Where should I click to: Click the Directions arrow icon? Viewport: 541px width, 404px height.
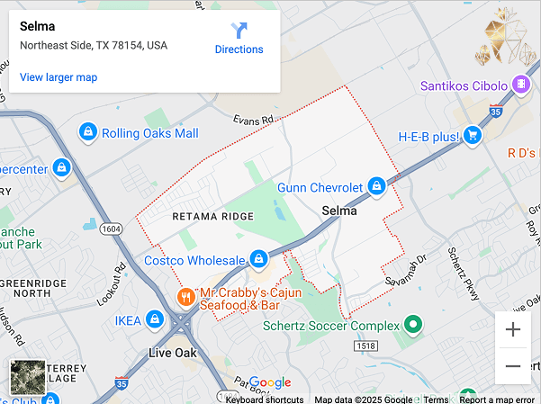tap(239, 30)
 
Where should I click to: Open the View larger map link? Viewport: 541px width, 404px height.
tap(59, 77)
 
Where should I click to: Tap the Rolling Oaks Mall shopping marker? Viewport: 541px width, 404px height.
tap(88, 132)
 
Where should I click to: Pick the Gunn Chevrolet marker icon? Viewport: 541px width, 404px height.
tap(377, 186)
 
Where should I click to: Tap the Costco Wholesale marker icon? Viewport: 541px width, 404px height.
tap(258, 259)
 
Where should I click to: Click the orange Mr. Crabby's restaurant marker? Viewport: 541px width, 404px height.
tap(185, 296)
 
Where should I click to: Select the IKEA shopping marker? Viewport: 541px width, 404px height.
tap(155, 319)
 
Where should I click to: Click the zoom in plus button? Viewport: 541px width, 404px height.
tap(513, 329)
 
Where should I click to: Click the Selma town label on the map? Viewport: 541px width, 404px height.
tap(339, 211)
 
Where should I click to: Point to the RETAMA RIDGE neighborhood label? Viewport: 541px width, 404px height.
tap(212, 216)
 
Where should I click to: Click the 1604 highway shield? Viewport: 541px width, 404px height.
tap(111, 229)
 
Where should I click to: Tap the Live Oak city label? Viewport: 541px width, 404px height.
tap(173, 352)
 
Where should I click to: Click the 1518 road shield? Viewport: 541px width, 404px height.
tap(365, 346)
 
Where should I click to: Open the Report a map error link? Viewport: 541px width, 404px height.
tap(497, 400)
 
